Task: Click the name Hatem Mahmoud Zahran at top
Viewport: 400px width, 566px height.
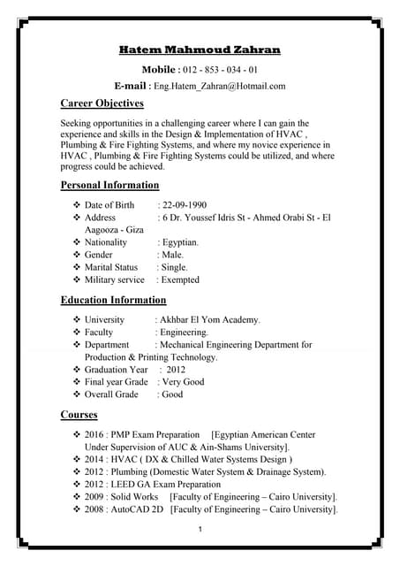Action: (x=200, y=50)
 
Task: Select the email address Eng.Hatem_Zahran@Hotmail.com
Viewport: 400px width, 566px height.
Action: (x=220, y=86)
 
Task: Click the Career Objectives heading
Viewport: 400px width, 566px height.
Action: (x=102, y=103)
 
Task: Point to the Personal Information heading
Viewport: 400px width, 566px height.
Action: (x=109, y=185)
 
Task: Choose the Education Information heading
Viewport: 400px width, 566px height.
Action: (x=113, y=300)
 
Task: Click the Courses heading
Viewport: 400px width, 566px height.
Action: (x=79, y=414)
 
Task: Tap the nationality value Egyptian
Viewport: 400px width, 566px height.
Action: (x=180, y=241)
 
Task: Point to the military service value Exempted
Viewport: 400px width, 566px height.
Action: (x=181, y=279)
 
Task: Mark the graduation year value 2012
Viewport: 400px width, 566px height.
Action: (x=176, y=370)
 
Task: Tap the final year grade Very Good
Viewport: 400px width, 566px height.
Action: (x=183, y=382)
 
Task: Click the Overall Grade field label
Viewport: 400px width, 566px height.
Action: (x=111, y=394)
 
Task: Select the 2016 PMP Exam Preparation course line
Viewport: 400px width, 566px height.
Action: (x=142, y=435)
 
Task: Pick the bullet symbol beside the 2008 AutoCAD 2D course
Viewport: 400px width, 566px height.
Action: (x=76, y=509)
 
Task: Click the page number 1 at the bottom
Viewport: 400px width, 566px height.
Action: (x=200, y=529)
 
